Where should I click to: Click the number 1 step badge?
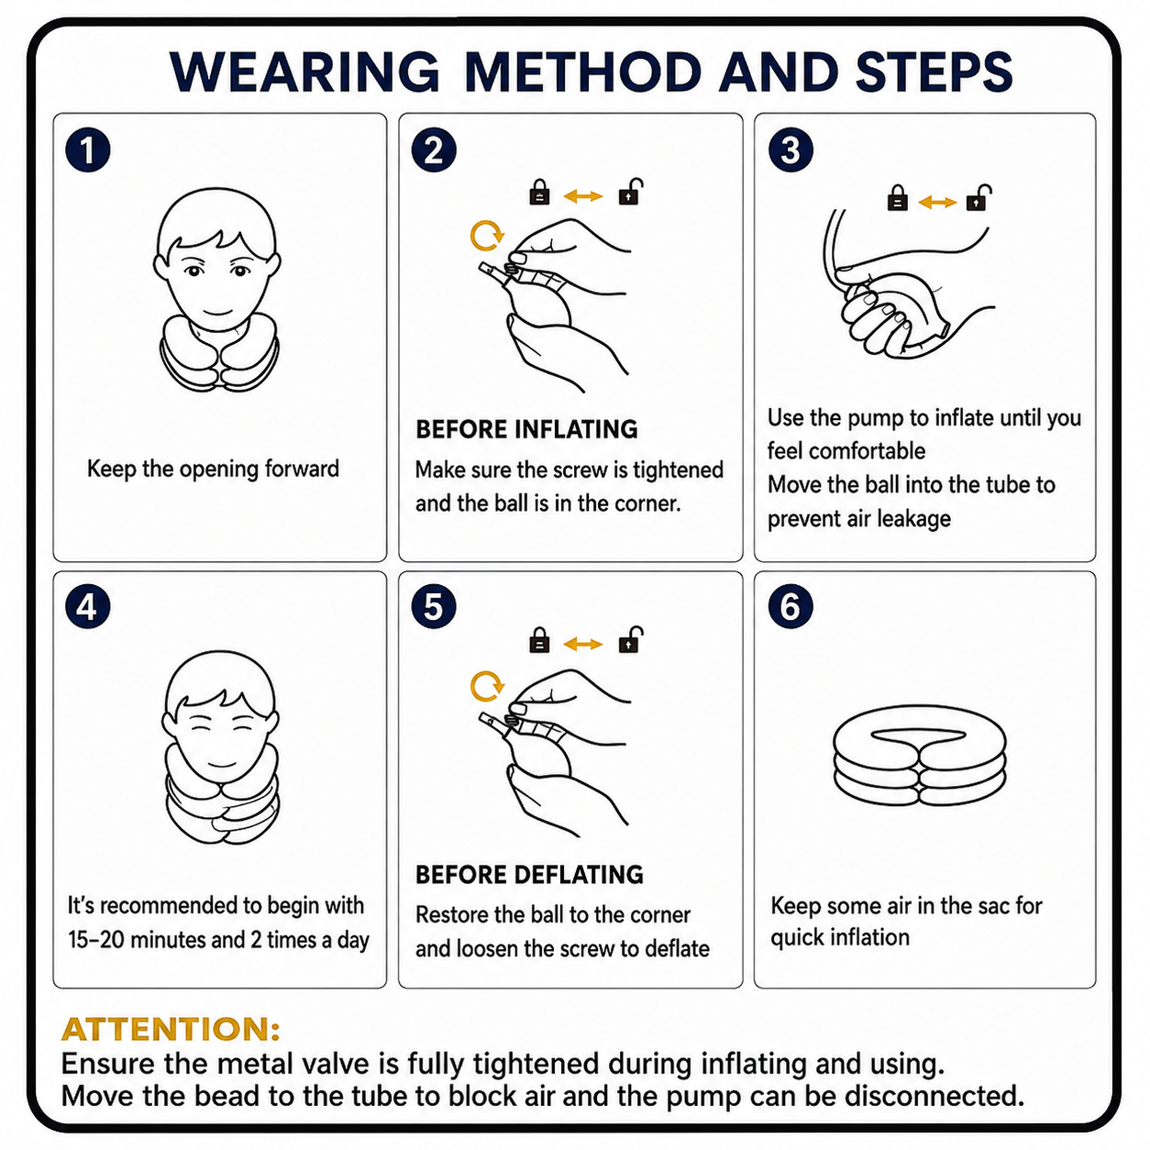88,149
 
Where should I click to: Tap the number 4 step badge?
88,607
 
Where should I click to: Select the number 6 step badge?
791,606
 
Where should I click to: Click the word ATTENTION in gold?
170,1029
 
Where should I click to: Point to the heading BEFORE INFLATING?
526,429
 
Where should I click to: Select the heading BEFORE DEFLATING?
529,874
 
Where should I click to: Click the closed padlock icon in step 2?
539,193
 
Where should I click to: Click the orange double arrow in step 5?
583,644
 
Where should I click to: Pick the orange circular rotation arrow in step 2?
487,236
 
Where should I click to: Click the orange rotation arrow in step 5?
487,687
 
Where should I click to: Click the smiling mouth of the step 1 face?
217,313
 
